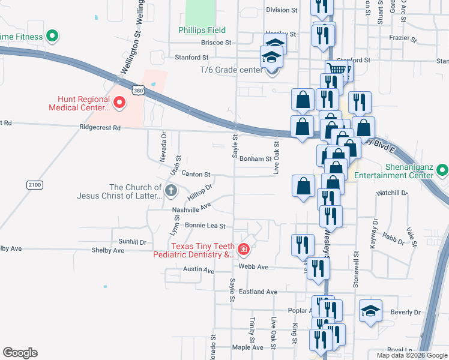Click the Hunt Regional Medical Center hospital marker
click(119, 103)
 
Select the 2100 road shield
click(34, 185)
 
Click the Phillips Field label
click(202, 30)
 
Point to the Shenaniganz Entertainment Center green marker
click(443, 170)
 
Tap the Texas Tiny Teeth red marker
click(244, 248)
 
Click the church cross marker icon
click(171, 191)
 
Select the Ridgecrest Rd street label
click(100, 128)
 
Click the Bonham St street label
click(256, 159)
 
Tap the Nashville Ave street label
click(191, 208)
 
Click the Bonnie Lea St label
click(205, 226)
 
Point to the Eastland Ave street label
click(258, 292)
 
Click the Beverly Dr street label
click(405, 313)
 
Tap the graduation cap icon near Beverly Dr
click(370, 311)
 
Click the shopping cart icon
click(337, 70)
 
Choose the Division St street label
click(282, 10)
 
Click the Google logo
click(20, 353)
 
